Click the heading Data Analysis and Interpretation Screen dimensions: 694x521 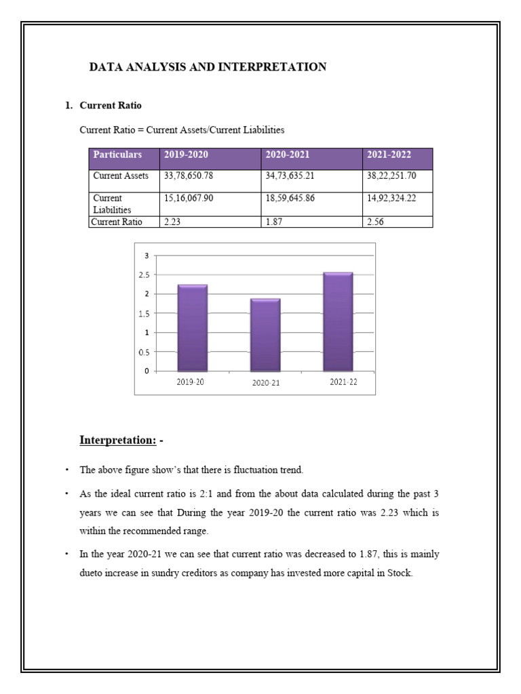208,67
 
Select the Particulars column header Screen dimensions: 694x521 117,155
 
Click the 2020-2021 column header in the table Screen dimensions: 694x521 287,155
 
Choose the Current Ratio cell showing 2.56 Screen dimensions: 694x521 375,222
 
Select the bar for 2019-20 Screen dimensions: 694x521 192,328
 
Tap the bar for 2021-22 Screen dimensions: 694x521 338,322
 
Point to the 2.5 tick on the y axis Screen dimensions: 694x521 145,274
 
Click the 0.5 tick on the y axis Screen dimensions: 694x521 145,352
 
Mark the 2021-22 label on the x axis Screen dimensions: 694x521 343,382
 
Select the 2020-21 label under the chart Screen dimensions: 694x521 265,383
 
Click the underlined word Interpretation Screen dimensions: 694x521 118,441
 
